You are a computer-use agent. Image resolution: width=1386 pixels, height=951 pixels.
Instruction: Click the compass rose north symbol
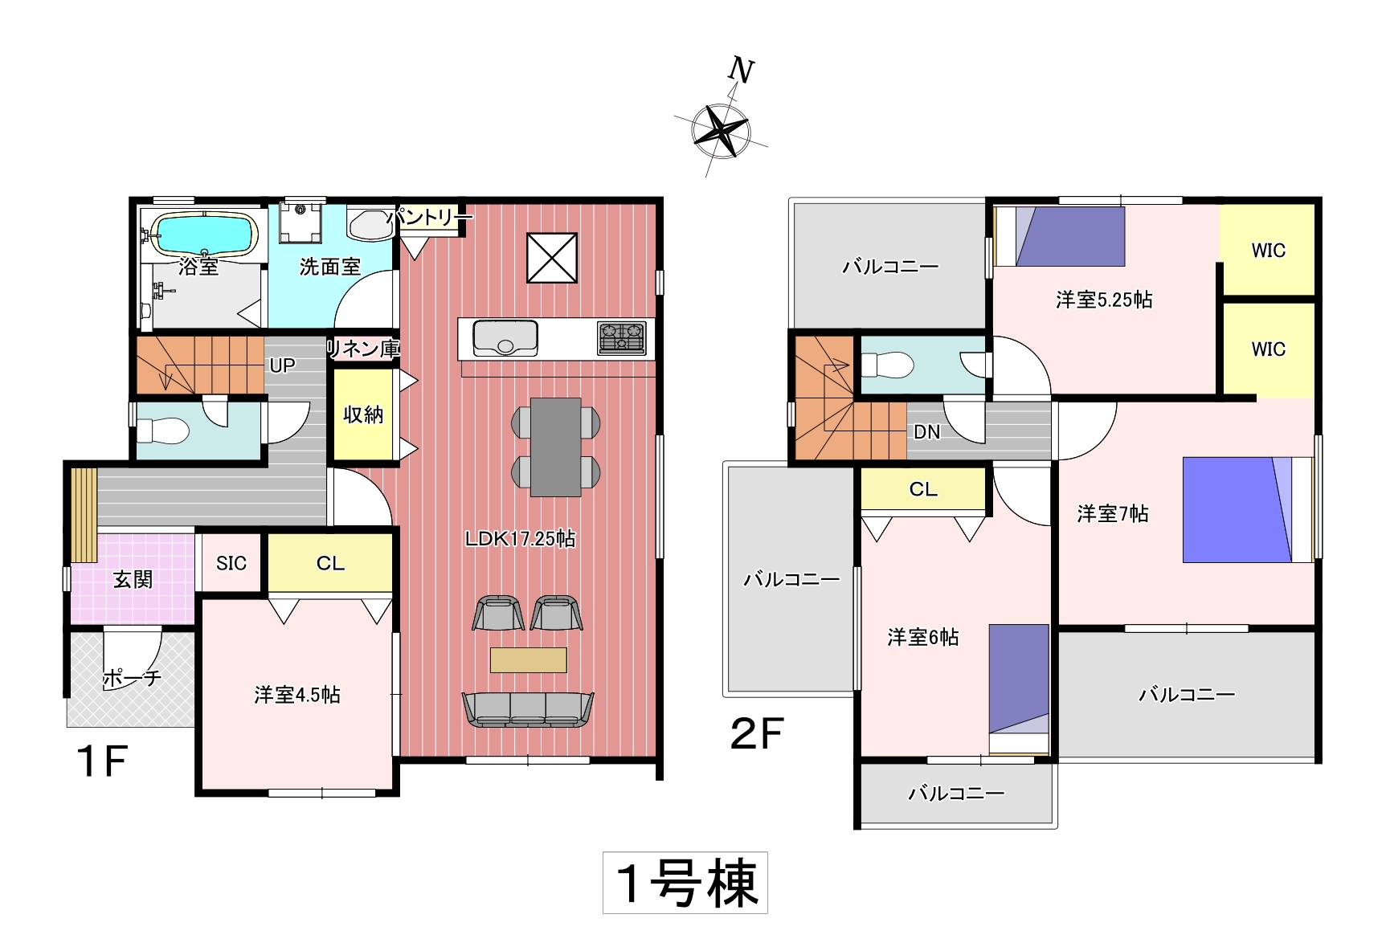point(721,129)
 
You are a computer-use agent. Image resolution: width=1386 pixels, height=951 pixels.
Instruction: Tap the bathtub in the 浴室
point(205,234)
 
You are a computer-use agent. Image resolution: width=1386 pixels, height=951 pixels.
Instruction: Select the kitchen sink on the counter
point(505,337)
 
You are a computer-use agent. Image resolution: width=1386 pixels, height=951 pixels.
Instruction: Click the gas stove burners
point(621,337)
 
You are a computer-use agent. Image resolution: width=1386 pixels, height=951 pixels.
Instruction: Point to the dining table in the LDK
point(556,447)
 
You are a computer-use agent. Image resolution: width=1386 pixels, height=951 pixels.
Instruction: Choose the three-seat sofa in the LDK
point(528,709)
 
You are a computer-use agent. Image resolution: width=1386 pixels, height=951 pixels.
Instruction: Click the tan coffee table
point(528,659)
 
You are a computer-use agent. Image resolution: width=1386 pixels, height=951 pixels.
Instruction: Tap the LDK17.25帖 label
point(520,538)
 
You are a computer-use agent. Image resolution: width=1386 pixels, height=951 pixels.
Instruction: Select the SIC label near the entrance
point(231,563)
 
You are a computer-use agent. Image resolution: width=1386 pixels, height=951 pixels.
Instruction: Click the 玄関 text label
point(133,579)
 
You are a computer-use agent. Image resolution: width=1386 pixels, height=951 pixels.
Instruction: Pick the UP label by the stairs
point(282,365)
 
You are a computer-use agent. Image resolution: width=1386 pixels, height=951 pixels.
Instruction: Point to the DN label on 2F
point(926,432)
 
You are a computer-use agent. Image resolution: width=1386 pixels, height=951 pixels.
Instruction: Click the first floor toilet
point(162,431)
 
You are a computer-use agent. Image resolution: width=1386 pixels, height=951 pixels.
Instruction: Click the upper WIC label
point(1268,251)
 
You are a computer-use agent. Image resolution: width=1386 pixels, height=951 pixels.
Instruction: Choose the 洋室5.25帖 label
point(1104,300)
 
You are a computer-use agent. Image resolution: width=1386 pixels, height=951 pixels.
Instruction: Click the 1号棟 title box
point(685,883)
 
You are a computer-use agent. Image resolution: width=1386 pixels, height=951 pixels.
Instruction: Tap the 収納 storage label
point(363,414)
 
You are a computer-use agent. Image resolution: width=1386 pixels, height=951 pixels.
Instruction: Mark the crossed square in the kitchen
point(552,258)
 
